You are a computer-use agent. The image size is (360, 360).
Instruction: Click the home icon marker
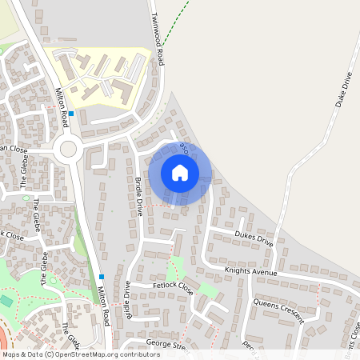pos(180,172)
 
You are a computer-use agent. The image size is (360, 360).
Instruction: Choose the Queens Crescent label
pos(278,310)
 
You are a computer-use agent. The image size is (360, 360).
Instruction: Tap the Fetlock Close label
pos(174,286)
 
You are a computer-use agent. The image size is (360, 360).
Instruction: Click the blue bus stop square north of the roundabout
pos(71,114)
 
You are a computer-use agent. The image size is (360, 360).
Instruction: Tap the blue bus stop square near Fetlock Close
pos(102,277)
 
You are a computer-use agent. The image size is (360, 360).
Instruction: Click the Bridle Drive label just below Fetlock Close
pos(126,301)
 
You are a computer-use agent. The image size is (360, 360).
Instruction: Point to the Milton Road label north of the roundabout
pos(60,105)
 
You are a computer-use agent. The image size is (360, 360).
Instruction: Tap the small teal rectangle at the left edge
pos(6,301)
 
